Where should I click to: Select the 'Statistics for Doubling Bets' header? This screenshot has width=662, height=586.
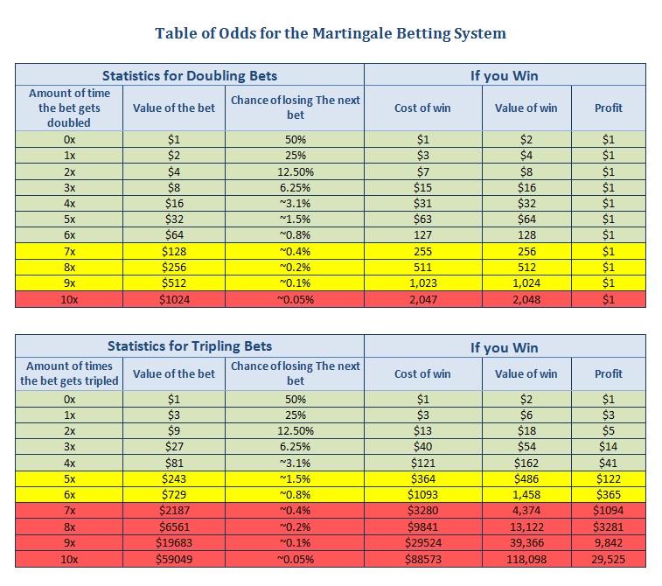[x=190, y=75]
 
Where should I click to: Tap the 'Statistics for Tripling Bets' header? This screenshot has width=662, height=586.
[x=190, y=346]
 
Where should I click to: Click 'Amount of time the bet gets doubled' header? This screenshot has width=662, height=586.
[x=69, y=108]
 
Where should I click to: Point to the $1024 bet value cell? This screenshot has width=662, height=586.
[x=174, y=299]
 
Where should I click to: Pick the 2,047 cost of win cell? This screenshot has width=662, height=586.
[x=423, y=299]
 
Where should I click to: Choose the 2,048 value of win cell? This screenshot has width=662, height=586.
[x=526, y=299]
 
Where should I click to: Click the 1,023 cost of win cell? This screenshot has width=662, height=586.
[x=423, y=283]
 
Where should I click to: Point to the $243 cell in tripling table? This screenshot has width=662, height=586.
[x=174, y=478]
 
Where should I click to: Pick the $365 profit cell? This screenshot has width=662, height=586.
[x=609, y=495]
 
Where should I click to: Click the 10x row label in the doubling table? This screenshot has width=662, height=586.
[x=69, y=299]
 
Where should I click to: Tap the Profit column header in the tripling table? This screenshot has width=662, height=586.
[x=609, y=373]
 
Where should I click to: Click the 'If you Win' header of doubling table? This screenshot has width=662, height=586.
[x=504, y=75]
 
